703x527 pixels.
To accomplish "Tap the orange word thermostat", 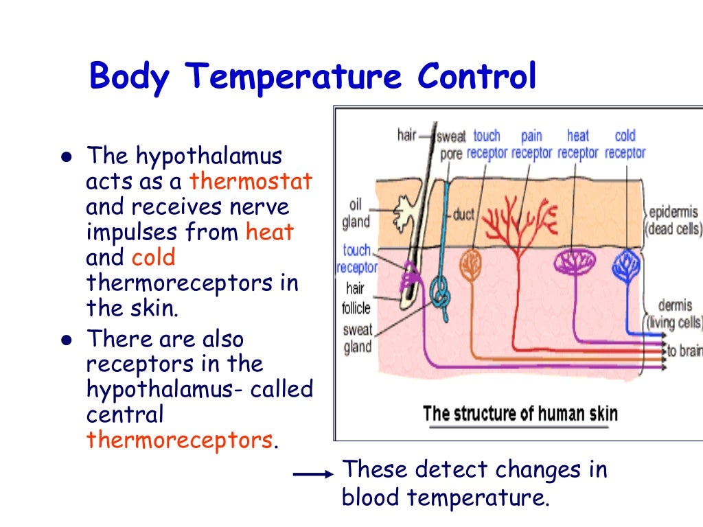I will click(251, 181).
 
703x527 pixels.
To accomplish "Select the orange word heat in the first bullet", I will click(269, 232).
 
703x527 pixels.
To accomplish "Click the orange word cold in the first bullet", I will click(154, 257).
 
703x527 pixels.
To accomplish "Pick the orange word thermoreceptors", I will click(179, 439).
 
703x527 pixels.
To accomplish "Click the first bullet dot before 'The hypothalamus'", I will click(66, 157).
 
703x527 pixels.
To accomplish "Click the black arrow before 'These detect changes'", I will click(313, 474).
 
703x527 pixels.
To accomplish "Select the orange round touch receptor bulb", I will click(471, 265).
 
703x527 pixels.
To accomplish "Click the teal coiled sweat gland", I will click(440, 295).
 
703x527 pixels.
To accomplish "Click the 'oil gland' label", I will click(356, 213).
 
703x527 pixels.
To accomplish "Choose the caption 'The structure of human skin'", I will click(520, 414).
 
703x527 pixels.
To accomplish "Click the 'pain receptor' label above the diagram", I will click(531, 144).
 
